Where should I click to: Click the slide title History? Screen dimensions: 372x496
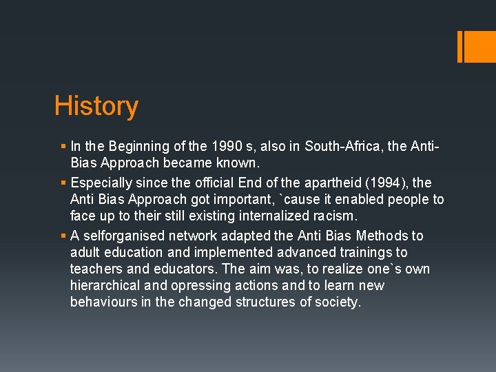click(x=96, y=107)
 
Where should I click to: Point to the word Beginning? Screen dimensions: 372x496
click(x=136, y=146)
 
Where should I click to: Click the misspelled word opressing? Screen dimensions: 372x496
click(x=180, y=285)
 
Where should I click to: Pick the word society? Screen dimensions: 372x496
click(x=338, y=302)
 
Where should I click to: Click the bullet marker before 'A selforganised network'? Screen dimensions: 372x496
click(x=64, y=236)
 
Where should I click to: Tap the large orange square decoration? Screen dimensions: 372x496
click(x=477, y=46)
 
